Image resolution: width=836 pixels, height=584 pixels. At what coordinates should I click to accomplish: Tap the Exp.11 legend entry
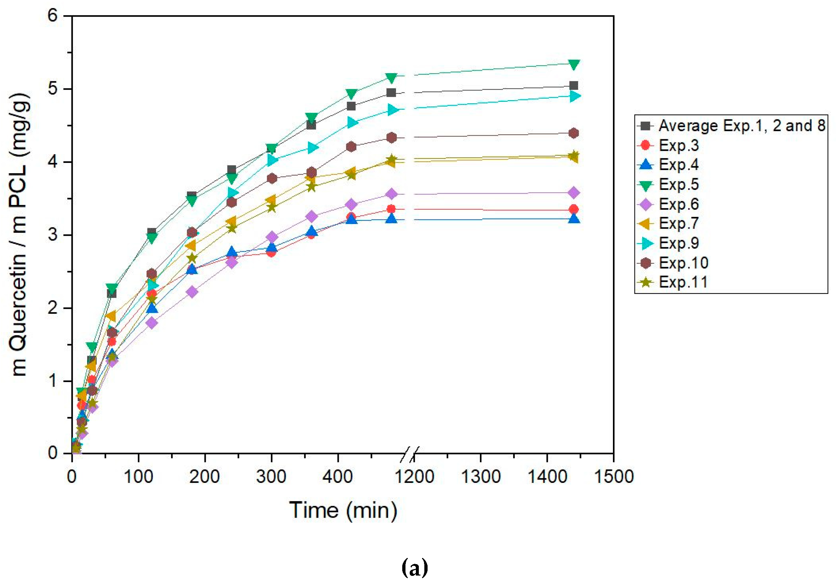[683, 282]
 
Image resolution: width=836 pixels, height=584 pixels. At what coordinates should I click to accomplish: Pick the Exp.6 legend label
[679, 204]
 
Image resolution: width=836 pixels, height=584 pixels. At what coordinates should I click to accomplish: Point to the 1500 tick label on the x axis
[614, 477]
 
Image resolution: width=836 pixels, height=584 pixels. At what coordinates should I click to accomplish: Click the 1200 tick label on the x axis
[414, 477]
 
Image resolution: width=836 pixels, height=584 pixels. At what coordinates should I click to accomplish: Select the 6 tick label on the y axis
[53, 16]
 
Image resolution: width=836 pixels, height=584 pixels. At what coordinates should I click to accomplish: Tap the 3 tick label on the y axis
[53, 235]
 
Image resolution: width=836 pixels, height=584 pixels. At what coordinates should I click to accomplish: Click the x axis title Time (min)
[343, 510]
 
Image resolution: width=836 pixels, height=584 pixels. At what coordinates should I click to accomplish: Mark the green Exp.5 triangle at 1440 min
[574, 64]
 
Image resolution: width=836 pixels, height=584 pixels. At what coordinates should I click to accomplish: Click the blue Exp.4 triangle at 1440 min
[574, 219]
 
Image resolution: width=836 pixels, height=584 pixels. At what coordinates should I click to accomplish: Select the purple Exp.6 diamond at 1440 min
[574, 192]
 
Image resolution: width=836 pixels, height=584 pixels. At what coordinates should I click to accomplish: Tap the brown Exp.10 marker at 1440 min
[574, 133]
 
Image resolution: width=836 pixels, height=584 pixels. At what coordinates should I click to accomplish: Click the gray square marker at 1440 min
[574, 86]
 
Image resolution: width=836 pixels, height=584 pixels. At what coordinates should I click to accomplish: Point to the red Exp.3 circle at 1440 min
[574, 209]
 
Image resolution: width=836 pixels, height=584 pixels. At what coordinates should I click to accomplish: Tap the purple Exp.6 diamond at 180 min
[192, 292]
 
